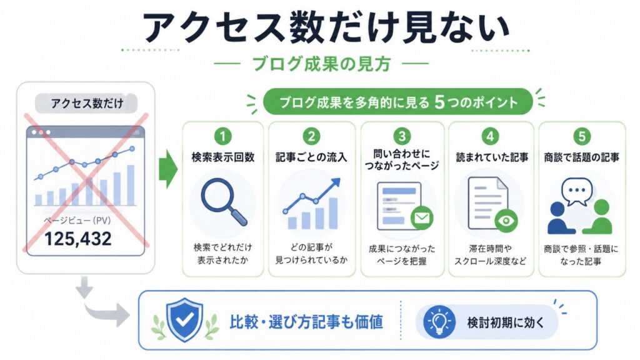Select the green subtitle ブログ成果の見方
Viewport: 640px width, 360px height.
coord(321,64)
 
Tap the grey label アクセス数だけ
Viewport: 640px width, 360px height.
coord(86,103)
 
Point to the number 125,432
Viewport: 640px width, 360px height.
coord(77,239)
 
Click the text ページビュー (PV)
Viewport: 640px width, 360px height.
coord(77,221)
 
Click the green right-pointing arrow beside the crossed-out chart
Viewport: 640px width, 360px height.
coord(167,169)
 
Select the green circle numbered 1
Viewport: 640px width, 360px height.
coord(222,136)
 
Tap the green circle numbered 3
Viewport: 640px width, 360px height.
coord(402,136)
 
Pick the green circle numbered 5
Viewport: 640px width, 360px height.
coord(582,136)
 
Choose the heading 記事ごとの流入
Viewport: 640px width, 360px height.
coord(311,157)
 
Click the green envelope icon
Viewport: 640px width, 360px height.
coord(422,217)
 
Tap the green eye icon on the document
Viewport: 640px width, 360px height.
coord(506,221)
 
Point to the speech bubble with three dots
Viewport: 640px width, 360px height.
coord(577,191)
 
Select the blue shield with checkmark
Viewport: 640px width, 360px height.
coord(185,319)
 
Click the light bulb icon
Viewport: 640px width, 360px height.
coord(439,322)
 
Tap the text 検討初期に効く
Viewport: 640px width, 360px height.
coord(506,322)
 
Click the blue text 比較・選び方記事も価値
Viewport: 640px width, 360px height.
coord(306,322)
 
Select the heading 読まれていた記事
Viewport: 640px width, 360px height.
coord(492,157)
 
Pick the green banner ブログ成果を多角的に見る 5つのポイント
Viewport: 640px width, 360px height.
coord(398,102)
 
